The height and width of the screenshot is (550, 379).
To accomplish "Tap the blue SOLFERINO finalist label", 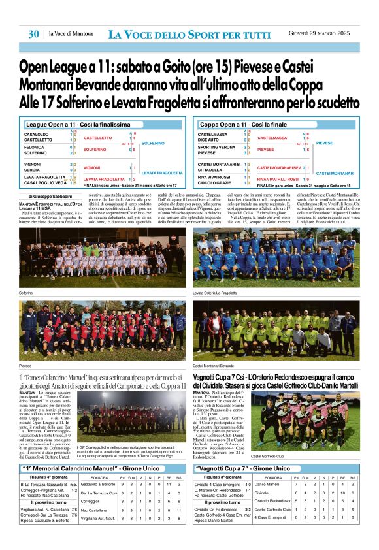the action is point(153,143).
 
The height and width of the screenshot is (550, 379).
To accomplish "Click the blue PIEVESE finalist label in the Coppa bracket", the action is point(324,142).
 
